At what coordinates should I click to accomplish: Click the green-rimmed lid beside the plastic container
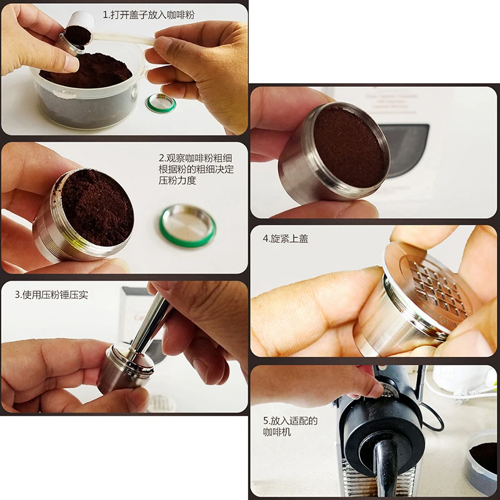[x=161, y=103]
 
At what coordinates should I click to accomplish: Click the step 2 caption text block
[x=196, y=169]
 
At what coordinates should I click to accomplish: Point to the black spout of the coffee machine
[x=385, y=466]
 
